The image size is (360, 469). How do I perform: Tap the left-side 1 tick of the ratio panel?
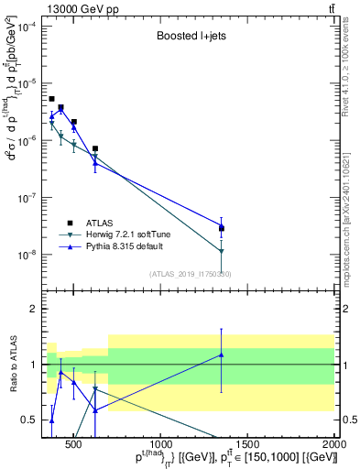tap(35, 365)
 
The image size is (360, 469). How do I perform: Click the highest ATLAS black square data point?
tap(51, 99)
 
